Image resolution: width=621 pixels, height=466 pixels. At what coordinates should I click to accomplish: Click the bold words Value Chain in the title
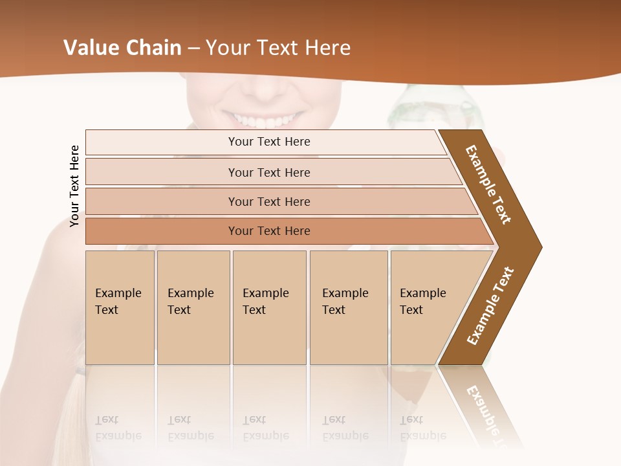coord(122,48)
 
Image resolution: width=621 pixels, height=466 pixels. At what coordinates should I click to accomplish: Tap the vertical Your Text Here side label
coord(74,186)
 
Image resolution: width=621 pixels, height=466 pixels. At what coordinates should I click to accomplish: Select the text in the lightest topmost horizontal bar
coord(269,142)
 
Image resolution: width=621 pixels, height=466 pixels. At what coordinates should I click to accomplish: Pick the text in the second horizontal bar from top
coord(269,173)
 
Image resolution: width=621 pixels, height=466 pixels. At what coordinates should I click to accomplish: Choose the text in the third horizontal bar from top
coord(269,202)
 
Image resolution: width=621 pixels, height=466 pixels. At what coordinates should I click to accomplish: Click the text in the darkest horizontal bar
coord(269,231)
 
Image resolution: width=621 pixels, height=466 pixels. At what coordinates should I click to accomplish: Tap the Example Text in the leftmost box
coord(118,302)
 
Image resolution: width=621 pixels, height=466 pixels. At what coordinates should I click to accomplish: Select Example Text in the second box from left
coord(190,302)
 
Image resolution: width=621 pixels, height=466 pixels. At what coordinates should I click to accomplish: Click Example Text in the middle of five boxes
coord(265,302)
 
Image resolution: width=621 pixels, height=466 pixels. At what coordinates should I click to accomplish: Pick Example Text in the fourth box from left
coord(345,302)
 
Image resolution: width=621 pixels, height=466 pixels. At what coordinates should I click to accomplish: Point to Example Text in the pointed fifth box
coord(422,302)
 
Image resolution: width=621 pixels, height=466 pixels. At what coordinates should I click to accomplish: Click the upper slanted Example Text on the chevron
coord(488,184)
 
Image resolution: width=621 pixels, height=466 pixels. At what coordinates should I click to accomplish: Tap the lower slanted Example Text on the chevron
coord(490,305)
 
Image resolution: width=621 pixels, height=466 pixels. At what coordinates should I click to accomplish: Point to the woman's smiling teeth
coord(262,120)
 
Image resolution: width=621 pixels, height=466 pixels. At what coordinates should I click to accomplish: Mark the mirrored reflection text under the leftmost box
coord(118,427)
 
